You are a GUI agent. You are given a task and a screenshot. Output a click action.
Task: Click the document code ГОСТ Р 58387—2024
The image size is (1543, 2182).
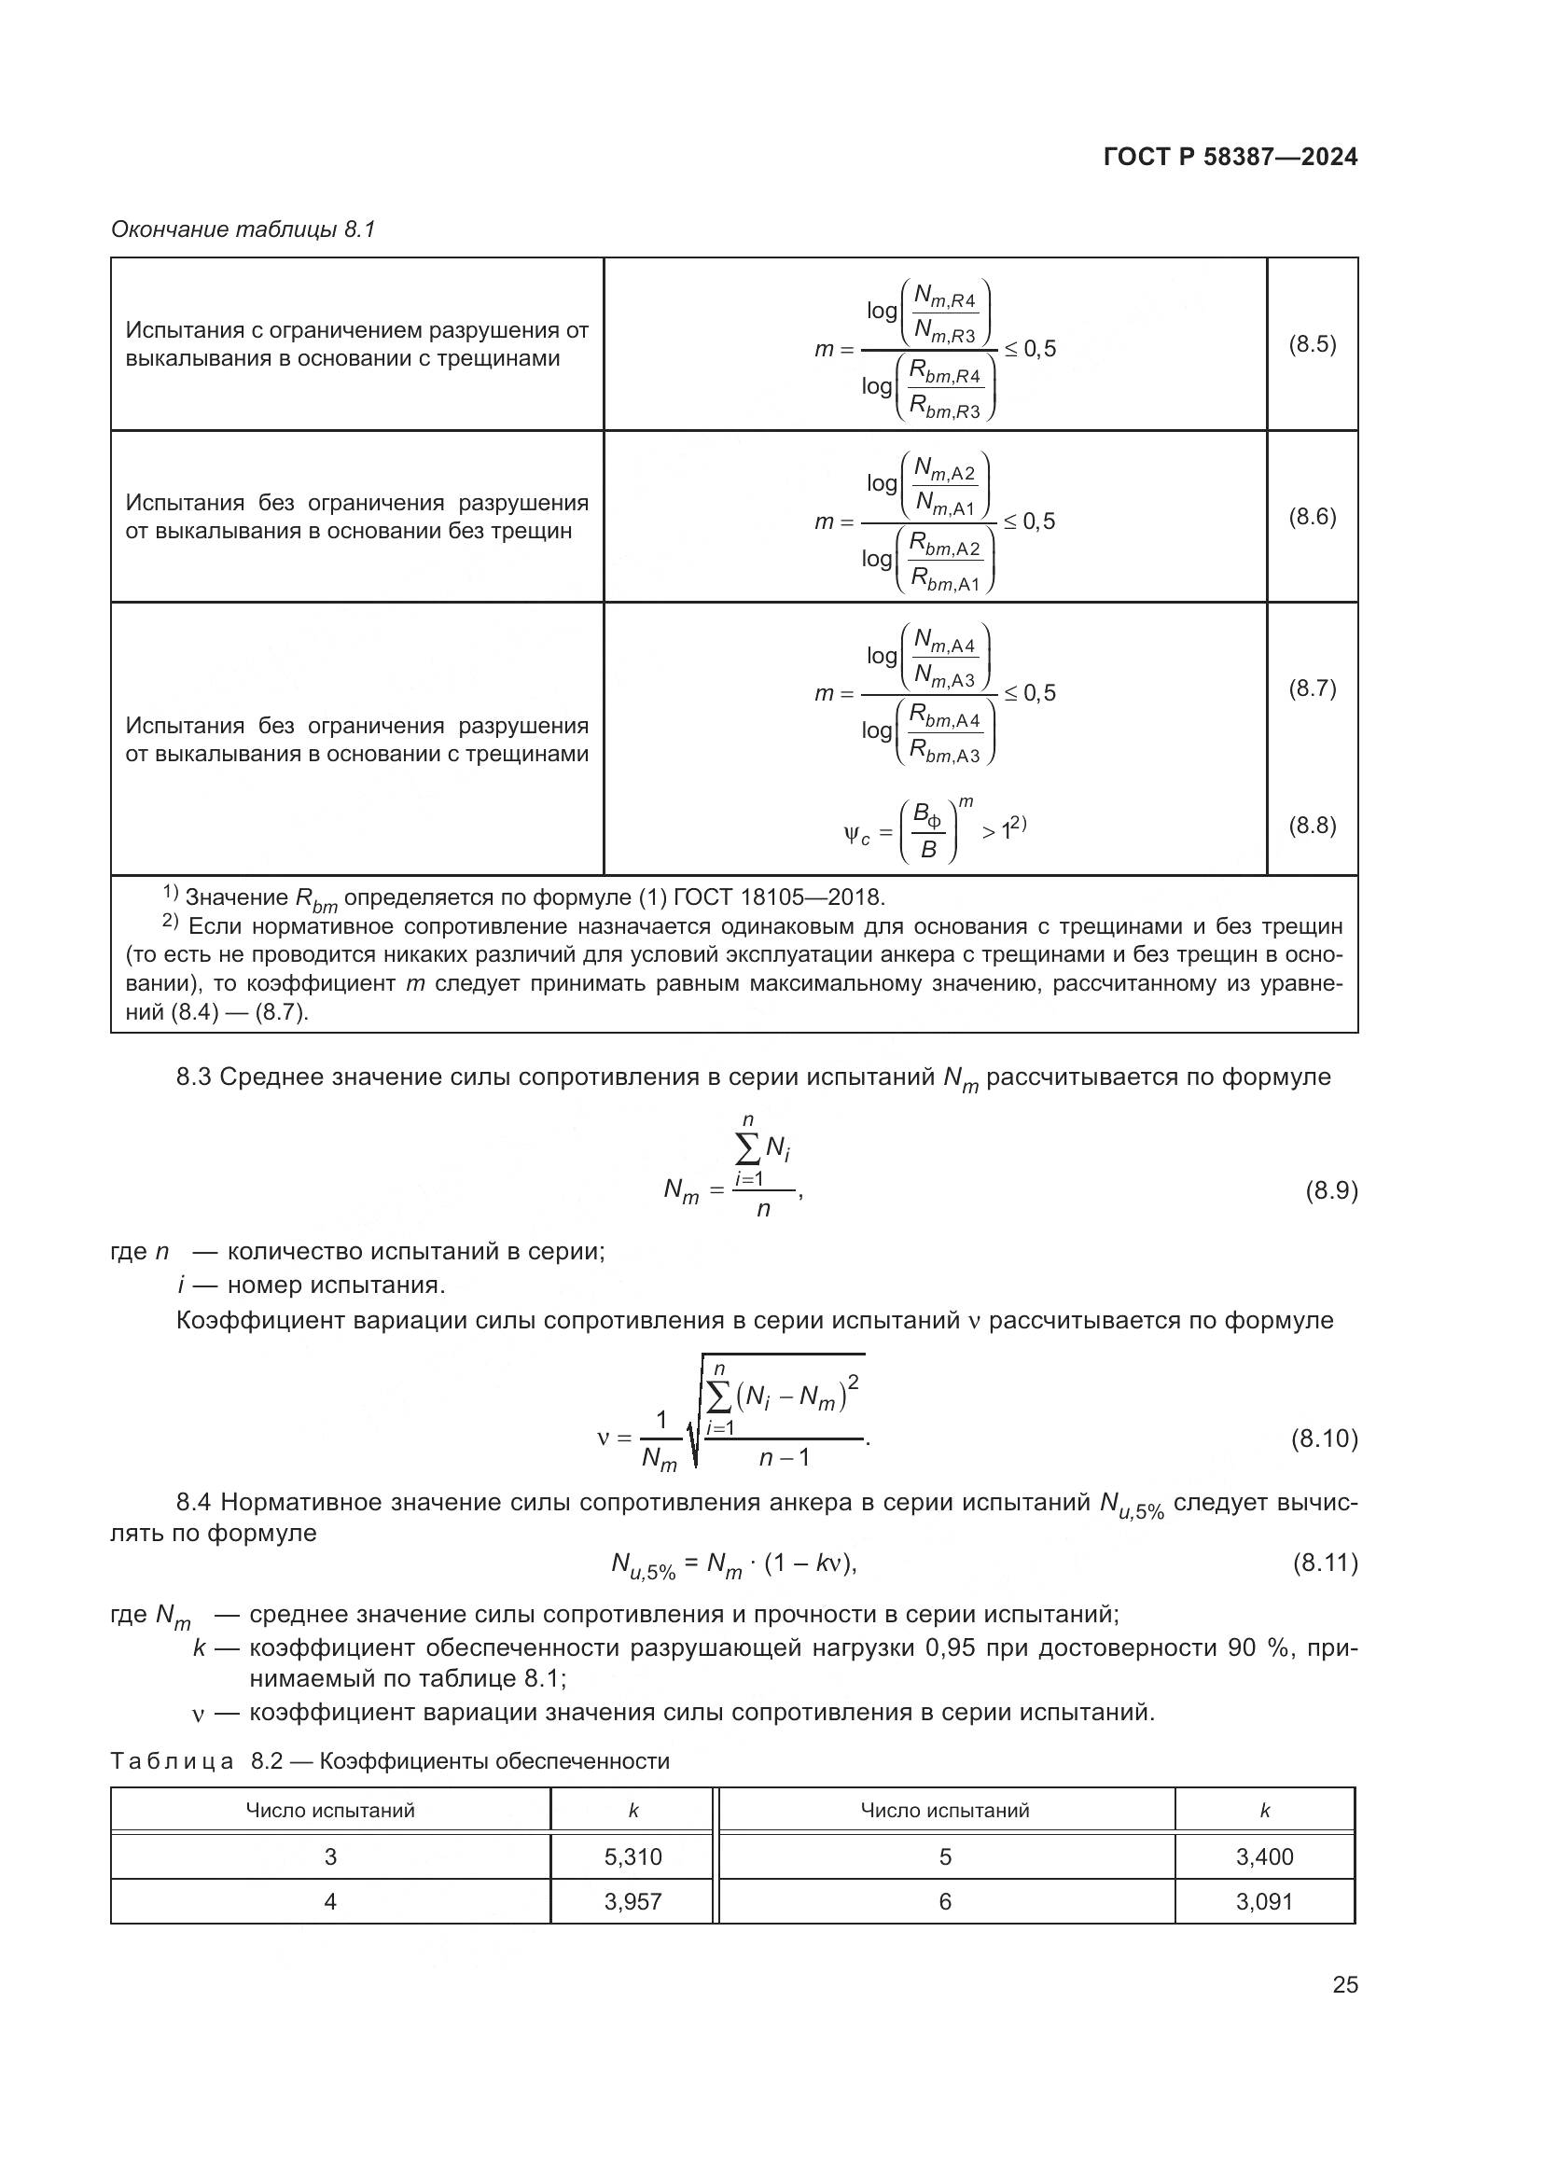pyautogui.click(x=1230, y=158)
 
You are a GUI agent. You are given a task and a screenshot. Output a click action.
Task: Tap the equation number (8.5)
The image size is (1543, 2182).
pyautogui.click(x=1313, y=345)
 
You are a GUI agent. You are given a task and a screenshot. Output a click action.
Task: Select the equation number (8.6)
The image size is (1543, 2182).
pyautogui.click(x=1313, y=517)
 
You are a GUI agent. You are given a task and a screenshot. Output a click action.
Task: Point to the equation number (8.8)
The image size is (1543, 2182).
pyautogui.click(x=1313, y=826)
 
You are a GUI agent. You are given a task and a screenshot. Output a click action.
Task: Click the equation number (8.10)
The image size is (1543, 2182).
pyautogui.click(x=1324, y=1438)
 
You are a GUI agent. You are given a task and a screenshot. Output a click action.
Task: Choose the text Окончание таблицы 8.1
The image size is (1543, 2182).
pyautogui.click(x=243, y=229)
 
